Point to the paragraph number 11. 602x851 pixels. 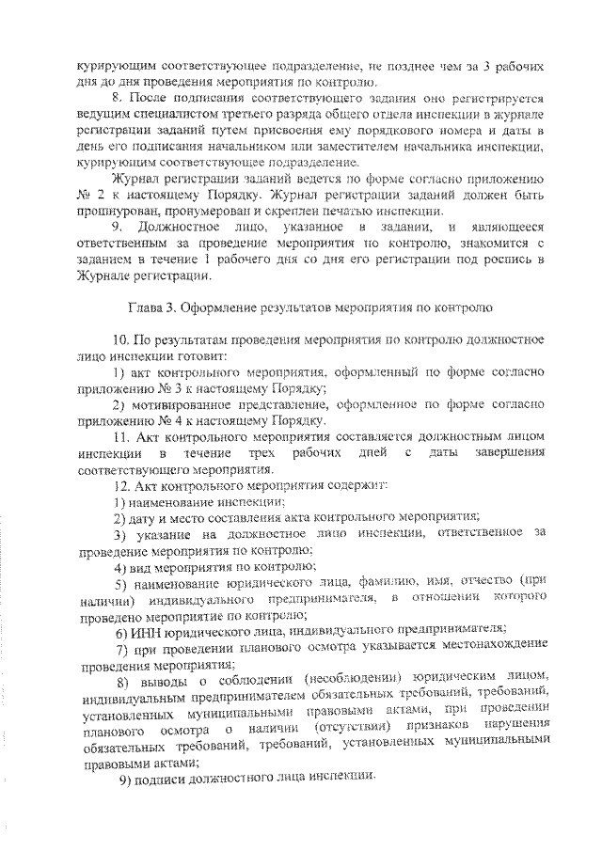click(119, 437)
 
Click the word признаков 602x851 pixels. click(436, 729)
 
